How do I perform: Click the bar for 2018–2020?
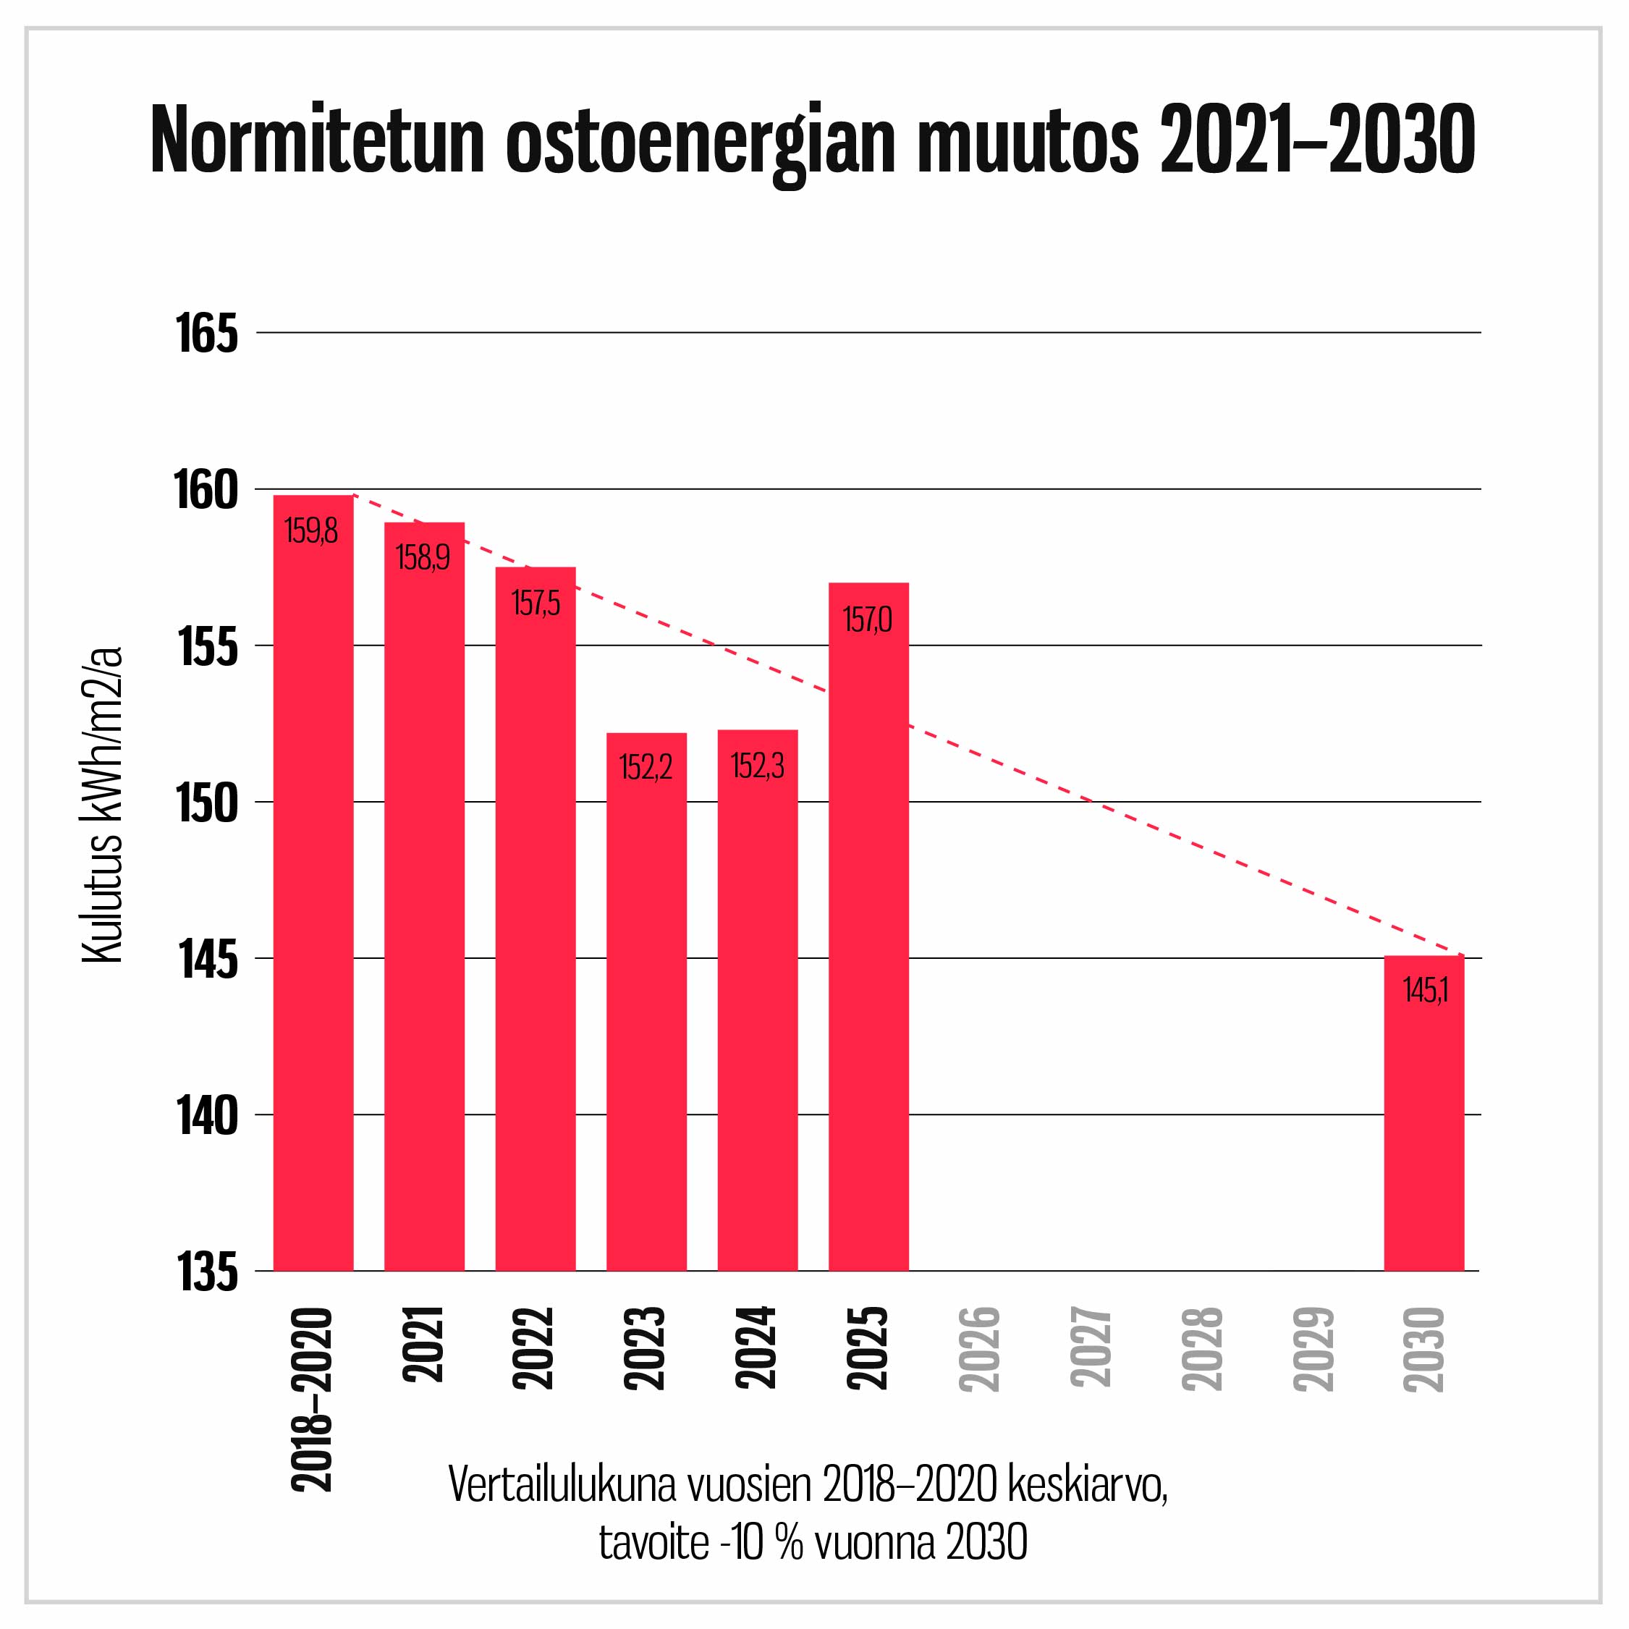tap(313, 885)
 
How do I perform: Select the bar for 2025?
tap(868, 928)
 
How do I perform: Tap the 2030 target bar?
tap(1424, 1113)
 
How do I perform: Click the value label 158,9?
tap(423, 557)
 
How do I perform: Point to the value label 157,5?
tap(536, 603)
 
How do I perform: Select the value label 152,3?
tap(757, 766)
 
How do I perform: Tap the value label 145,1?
tap(1425, 990)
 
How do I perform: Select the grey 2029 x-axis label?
tap(1313, 1348)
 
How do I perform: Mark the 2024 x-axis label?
tap(756, 1347)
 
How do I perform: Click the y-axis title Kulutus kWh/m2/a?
tap(103, 805)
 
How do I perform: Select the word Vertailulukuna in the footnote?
tap(562, 1485)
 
